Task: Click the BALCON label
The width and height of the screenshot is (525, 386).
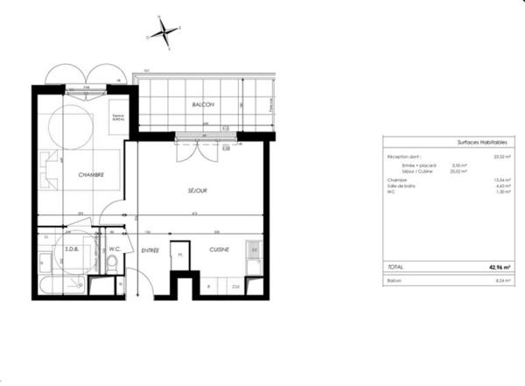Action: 203,104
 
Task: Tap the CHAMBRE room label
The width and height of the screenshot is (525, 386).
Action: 91,174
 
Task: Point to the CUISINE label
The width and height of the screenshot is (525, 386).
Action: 219,250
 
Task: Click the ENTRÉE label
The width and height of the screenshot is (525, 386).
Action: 150,251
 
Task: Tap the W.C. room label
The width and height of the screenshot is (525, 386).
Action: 113,248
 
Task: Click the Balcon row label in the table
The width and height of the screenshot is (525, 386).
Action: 395,281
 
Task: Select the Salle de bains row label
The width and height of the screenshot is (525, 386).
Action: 402,185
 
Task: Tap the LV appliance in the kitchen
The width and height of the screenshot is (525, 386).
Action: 255,250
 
